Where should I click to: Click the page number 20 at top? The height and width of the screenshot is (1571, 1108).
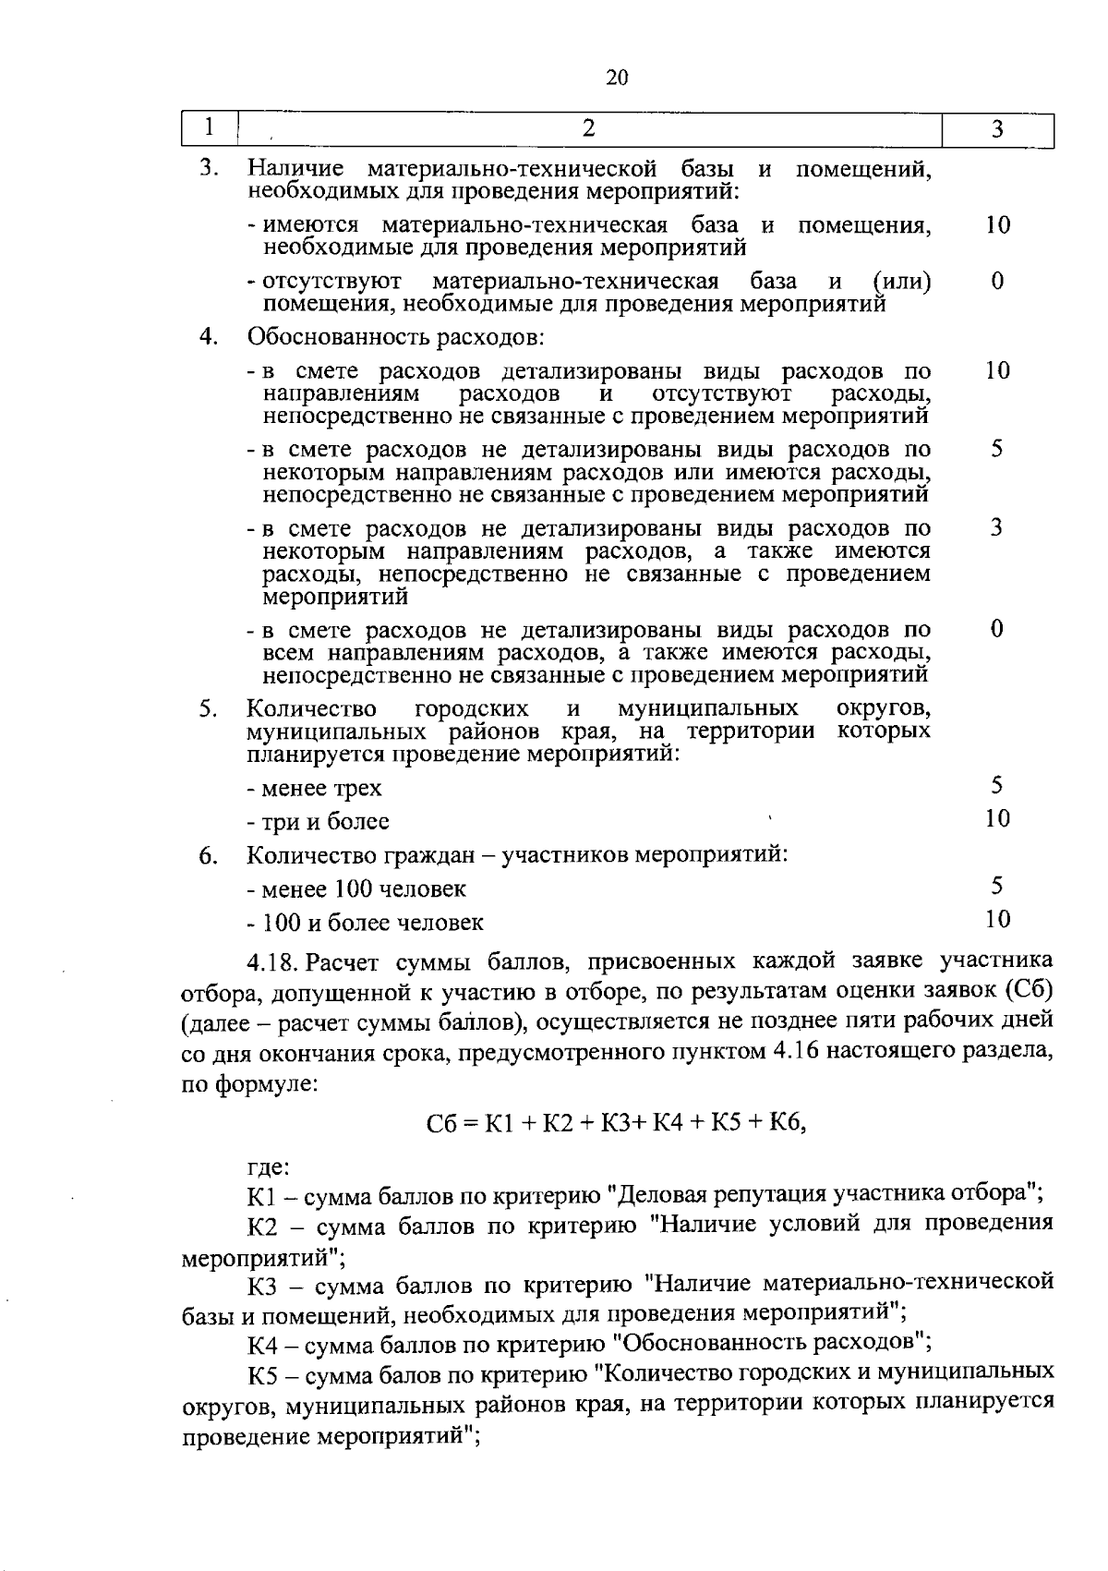(x=617, y=78)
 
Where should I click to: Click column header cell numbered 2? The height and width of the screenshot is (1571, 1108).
(x=588, y=128)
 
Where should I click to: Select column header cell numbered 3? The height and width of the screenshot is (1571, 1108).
(x=997, y=130)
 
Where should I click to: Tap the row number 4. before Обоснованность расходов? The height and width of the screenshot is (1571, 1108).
(x=209, y=336)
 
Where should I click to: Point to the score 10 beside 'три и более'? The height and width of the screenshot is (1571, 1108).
(x=997, y=818)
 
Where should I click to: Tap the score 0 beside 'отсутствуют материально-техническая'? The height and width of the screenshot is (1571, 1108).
(x=997, y=281)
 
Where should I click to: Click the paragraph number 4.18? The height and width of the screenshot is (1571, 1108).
(x=273, y=963)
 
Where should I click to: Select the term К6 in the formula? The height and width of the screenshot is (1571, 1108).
(x=790, y=1123)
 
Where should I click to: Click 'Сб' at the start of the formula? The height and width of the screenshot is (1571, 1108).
(x=439, y=1124)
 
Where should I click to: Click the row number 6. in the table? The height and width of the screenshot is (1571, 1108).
(x=209, y=856)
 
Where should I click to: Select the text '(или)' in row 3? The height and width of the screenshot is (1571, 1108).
(x=902, y=281)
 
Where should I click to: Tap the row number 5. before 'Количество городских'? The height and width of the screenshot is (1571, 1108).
(x=209, y=709)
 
